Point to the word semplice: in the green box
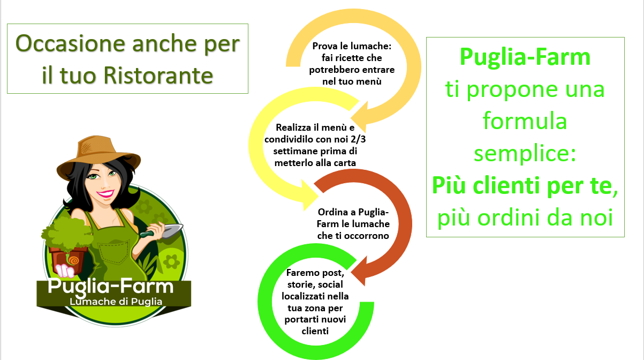pyautogui.click(x=525, y=154)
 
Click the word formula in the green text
pyautogui.click(x=525, y=121)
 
